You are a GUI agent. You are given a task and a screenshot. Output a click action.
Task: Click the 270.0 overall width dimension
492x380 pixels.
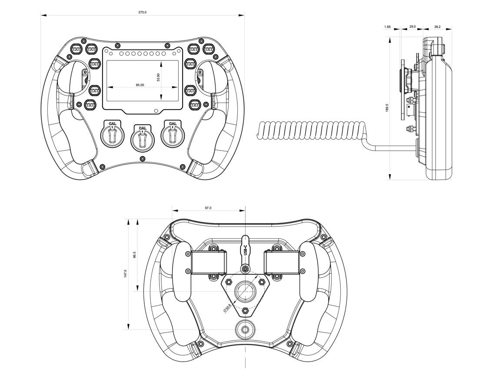coord(143,12)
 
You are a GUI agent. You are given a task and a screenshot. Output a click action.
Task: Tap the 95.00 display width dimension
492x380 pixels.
coord(140,85)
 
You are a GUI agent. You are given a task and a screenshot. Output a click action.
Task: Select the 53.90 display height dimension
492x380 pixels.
coord(158,77)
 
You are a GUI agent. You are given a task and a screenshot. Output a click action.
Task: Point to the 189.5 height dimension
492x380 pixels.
coord(387,108)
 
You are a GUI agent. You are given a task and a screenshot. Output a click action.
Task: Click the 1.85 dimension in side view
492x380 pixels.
coord(388,27)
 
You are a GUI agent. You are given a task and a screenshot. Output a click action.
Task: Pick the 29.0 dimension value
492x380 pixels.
coord(412,27)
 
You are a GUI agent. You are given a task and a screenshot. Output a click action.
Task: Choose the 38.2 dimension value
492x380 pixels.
coord(437,27)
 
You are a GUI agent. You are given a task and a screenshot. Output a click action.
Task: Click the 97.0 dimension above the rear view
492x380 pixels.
coord(208,208)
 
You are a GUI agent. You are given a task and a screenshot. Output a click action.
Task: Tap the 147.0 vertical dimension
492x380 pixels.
coord(125,273)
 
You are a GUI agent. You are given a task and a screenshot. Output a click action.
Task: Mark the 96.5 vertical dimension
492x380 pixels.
coord(135,254)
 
